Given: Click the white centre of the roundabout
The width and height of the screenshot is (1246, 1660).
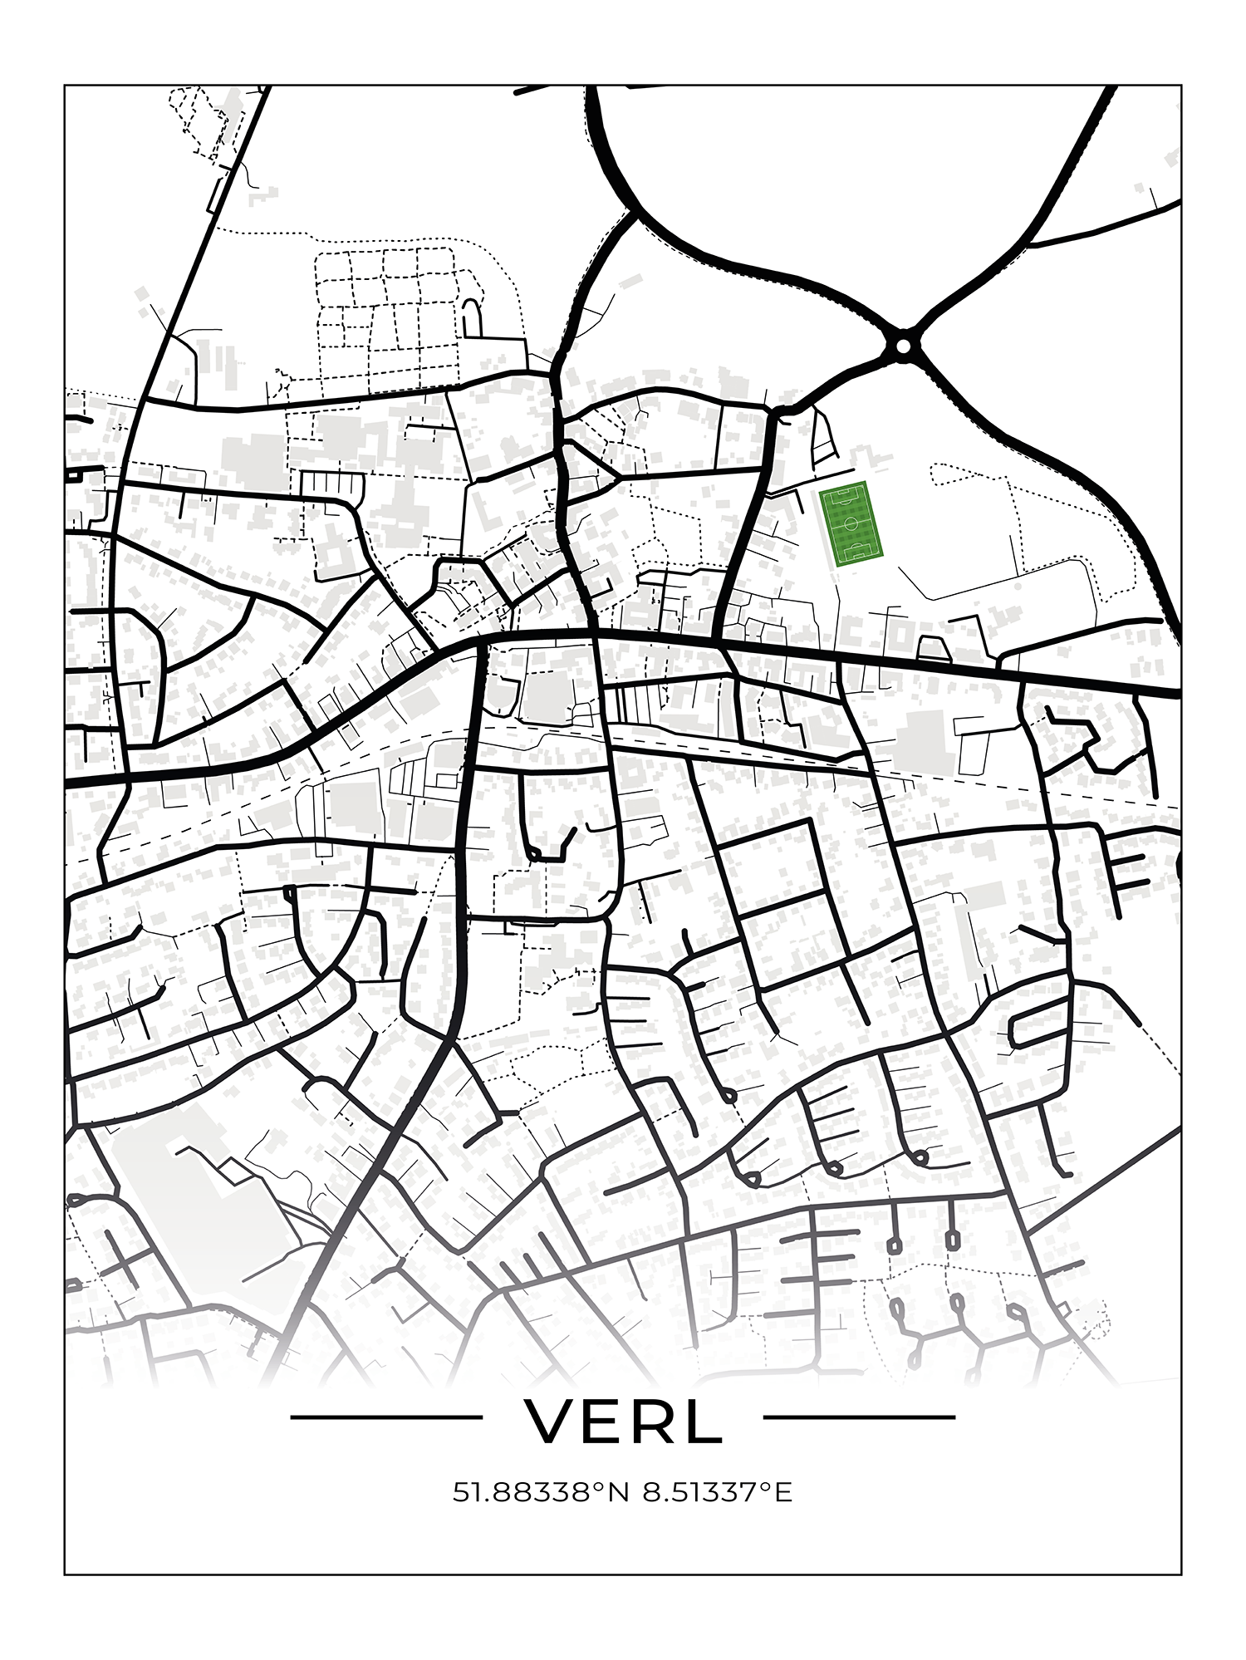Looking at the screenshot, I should click(903, 344).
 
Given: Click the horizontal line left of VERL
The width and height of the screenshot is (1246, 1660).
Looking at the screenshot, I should click(386, 1417).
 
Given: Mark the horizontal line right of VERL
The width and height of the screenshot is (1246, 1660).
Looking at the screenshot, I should click(859, 1417).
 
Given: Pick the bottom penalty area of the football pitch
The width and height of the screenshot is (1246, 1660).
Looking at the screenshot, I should click(858, 554).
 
